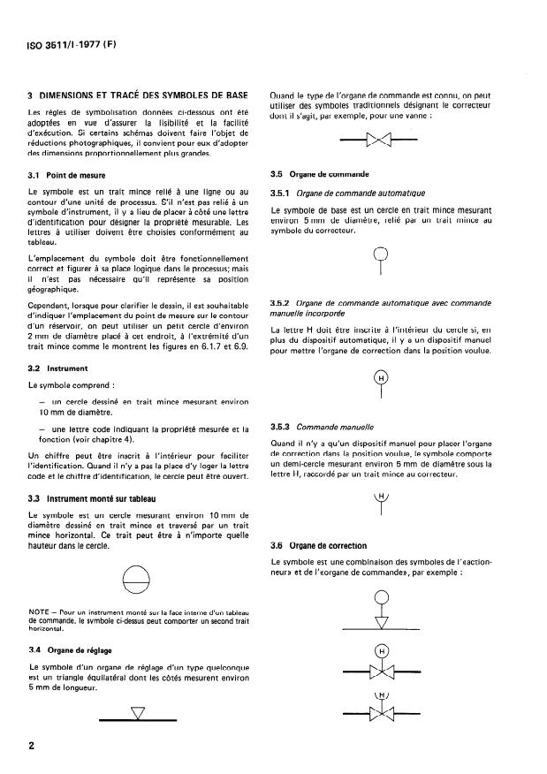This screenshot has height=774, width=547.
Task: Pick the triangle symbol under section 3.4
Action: (x=136, y=712)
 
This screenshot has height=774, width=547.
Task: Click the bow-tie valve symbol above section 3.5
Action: (x=381, y=140)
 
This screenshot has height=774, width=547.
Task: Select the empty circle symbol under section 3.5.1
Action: (x=382, y=254)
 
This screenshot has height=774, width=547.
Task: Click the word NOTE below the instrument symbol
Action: (x=40, y=612)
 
